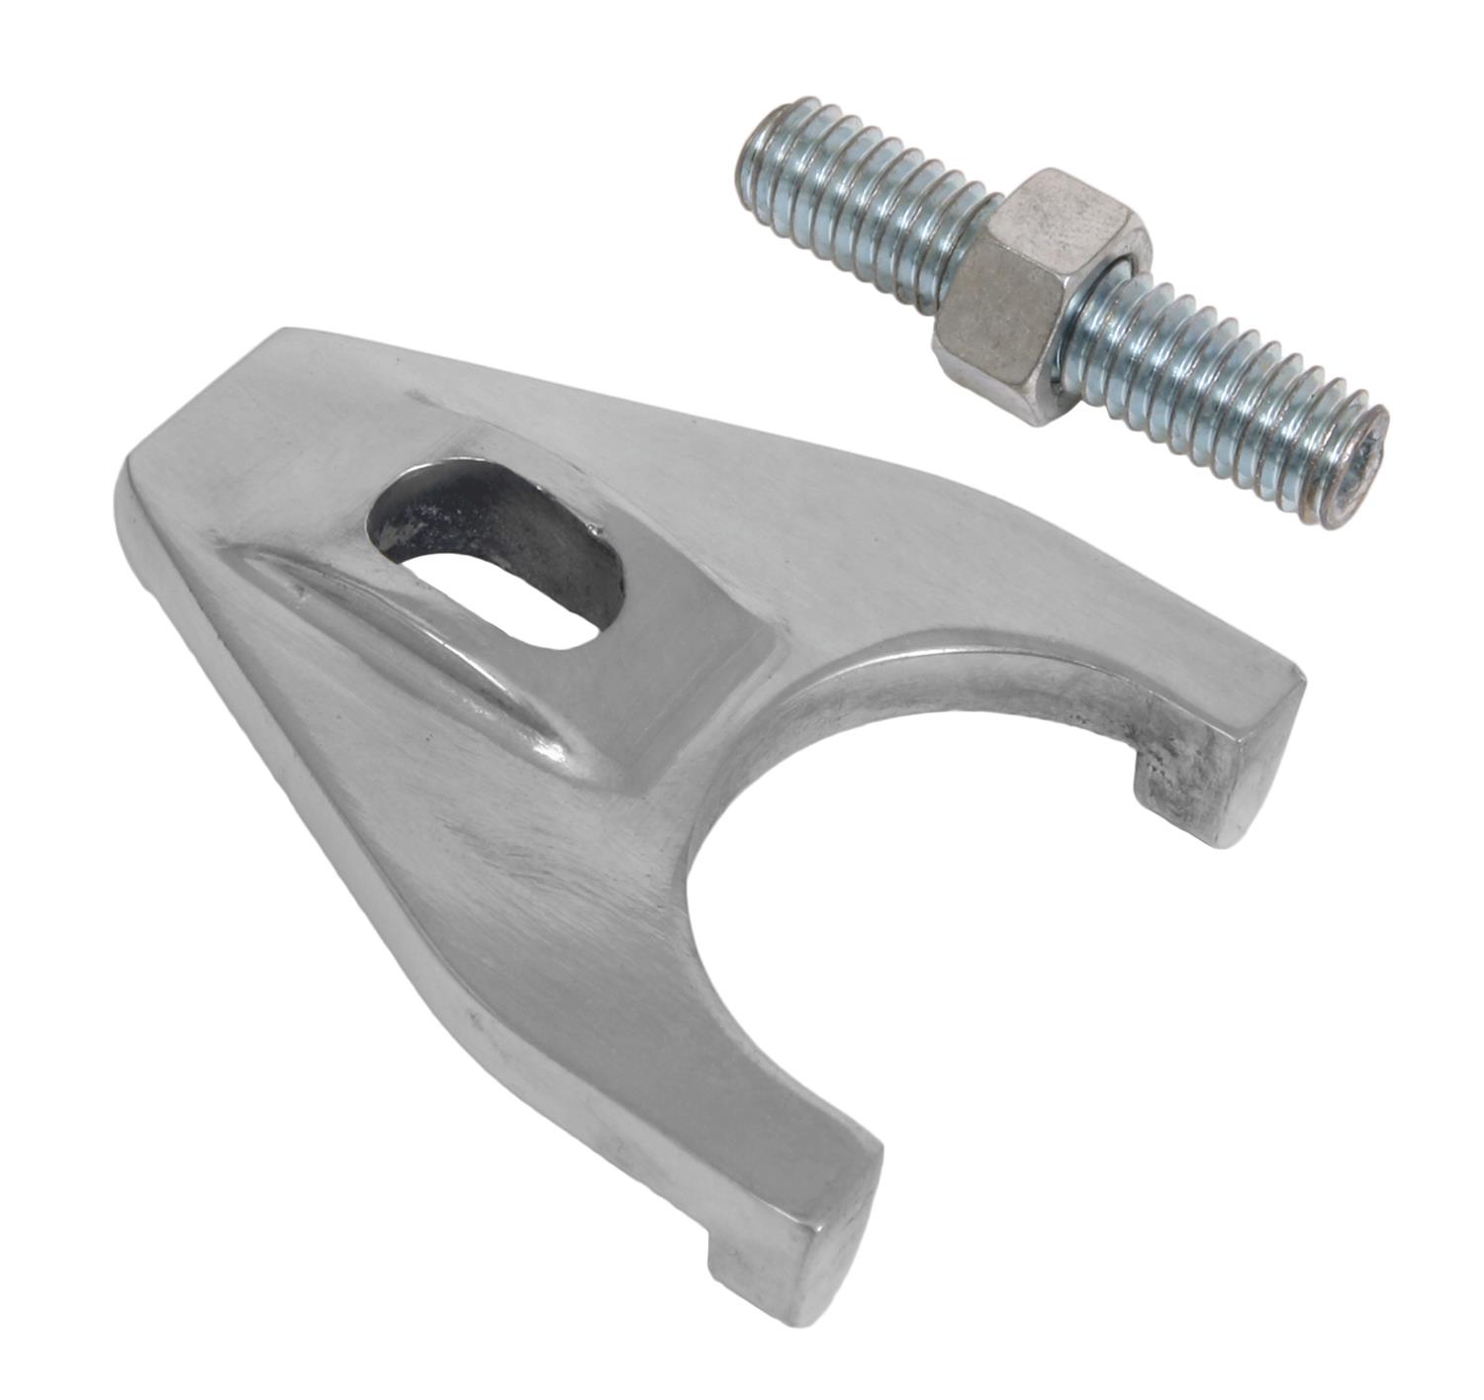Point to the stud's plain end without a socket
767,158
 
